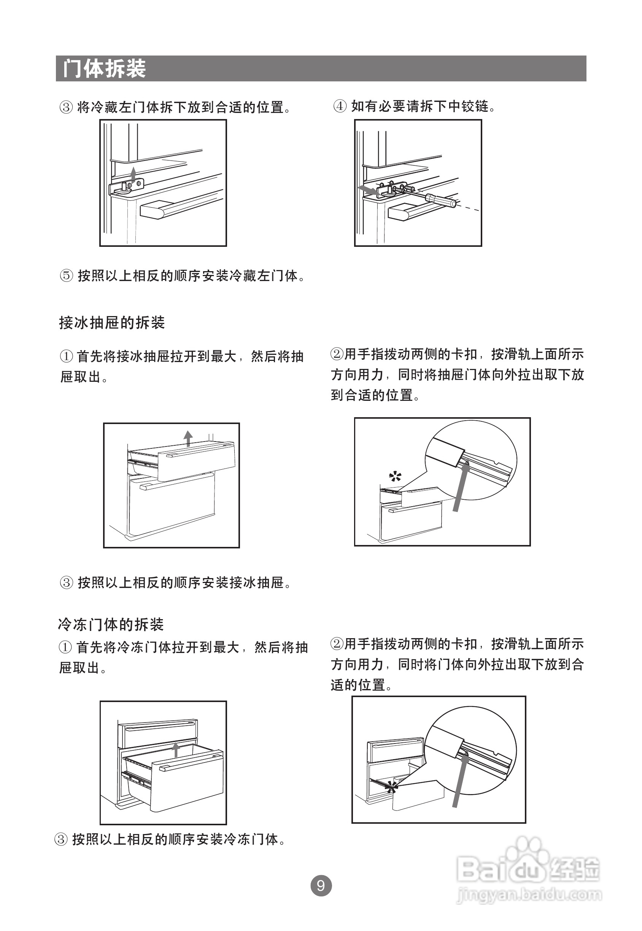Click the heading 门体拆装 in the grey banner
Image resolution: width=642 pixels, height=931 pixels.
(x=104, y=68)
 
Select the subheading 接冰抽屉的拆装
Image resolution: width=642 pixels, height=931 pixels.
(x=112, y=323)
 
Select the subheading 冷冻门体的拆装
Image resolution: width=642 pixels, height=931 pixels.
(x=111, y=624)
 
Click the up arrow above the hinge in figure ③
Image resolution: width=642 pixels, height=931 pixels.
(x=133, y=173)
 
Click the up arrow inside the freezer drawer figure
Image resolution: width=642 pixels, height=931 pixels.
(x=175, y=749)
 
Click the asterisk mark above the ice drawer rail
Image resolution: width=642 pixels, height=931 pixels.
(x=395, y=477)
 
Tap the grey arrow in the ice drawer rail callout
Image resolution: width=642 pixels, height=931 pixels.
(x=461, y=487)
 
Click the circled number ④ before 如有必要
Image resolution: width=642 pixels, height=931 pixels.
(x=340, y=106)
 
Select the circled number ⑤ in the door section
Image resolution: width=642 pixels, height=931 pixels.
(x=67, y=276)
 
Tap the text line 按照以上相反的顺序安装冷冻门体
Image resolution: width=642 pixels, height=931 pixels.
(x=175, y=839)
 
